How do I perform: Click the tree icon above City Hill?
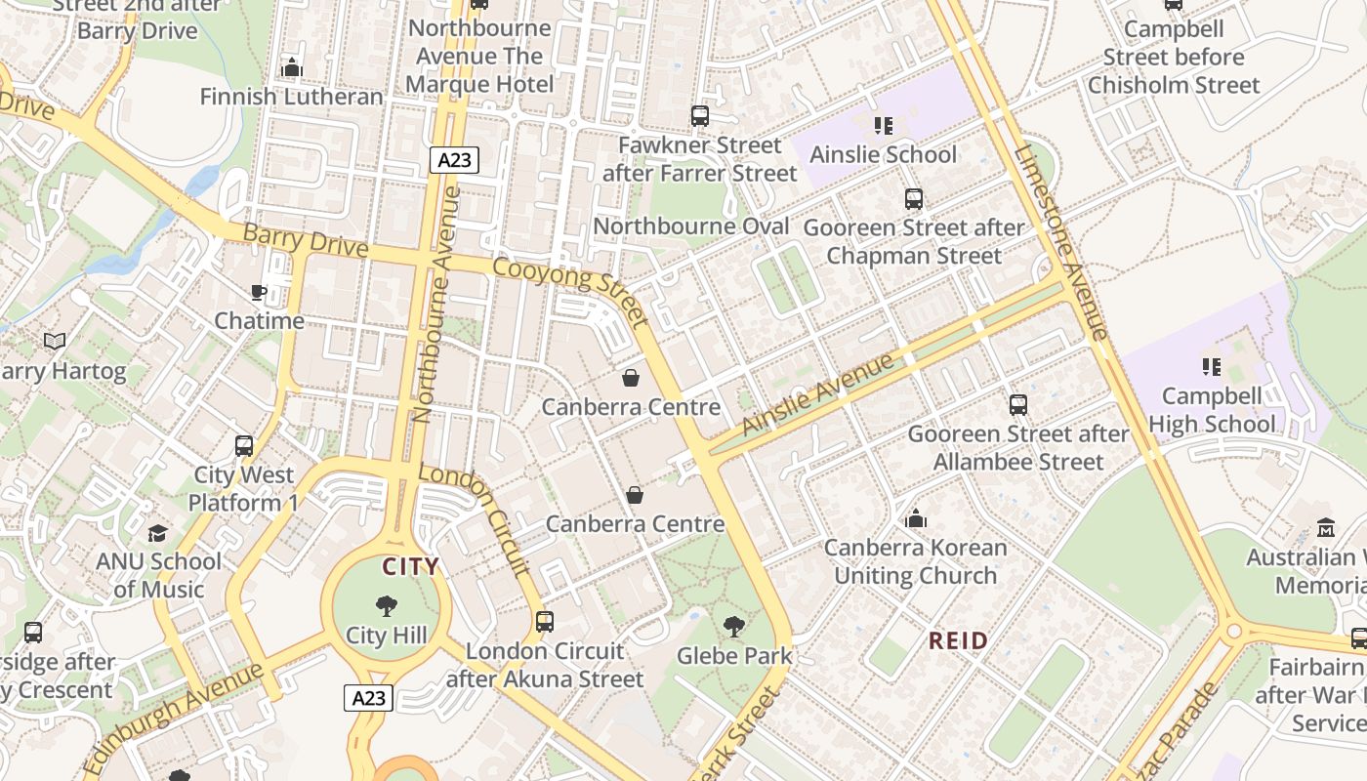pyautogui.click(x=387, y=606)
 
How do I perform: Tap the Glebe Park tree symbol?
pyautogui.click(x=734, y=627)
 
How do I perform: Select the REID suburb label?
pyautogui.click(x=958, y=641)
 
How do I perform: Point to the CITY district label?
pyautogui.click(x=410, y=567)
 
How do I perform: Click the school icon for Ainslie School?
pyautogui.click(x=883, y=125)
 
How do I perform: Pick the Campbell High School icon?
pyautogui.click(x=1211, y=367)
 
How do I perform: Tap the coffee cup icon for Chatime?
pyautogui.click(x=259, y=292)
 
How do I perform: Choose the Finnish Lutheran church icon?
pyautogui.click(x=291, y=67)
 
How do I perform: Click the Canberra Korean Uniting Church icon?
pyautogui.click(x=915, y=518)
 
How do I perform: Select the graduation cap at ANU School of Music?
pyautogui.click(x=157, y=533)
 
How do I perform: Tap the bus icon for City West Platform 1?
pyautogui.click(x=244, y=446)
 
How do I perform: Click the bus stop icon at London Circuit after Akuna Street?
pyautogui.click(x=545, y=622)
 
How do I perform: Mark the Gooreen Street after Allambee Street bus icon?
pyautogui.click(x=1018, y=405)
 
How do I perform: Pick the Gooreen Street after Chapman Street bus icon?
pyautogui.click(x=914, y=199)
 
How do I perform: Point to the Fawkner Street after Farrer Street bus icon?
pyautogui.click(x=700, y=116)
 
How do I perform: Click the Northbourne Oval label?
pyautogui.click(x=691, y=226)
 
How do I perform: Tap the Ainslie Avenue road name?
pyautogui.click(x=817, y=394)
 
